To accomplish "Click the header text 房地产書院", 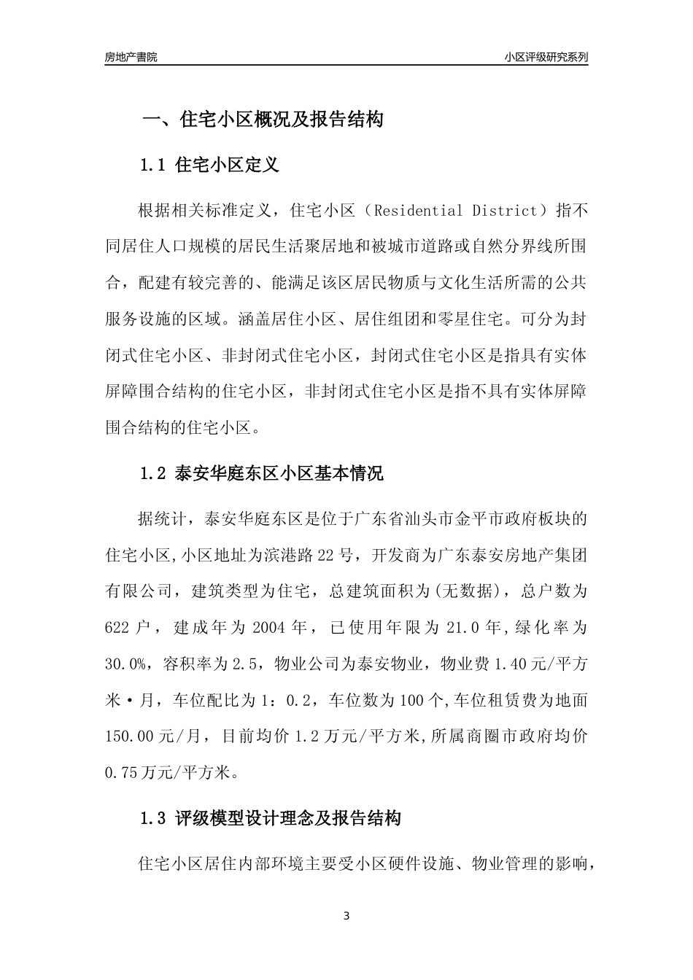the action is (x=131, y=57).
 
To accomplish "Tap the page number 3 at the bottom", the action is (x=346, y=916).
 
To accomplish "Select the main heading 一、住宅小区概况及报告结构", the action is (x=262, y=120).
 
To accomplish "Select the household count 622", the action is (x=118, y=627).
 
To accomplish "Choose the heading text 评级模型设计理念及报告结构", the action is (x=288, y=819).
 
